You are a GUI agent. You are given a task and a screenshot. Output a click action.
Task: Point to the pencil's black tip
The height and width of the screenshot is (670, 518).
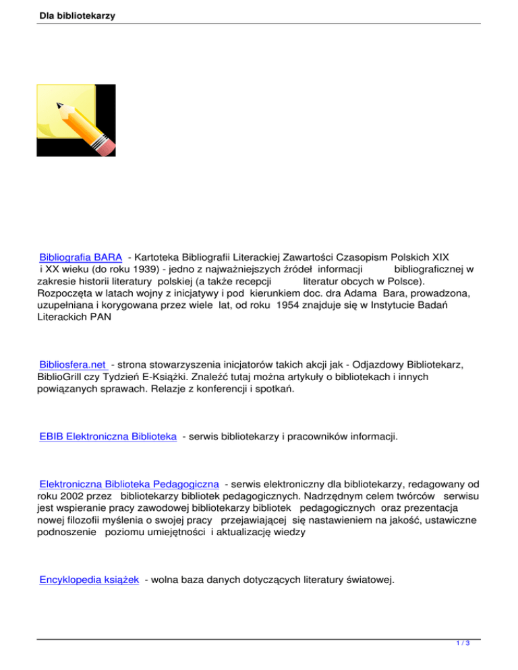pos(59,105)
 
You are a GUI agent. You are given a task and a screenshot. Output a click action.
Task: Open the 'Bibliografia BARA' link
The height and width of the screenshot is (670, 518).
pos(81,257)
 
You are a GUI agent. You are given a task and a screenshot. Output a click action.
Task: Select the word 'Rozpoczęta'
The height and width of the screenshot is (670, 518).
pos(62,293)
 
